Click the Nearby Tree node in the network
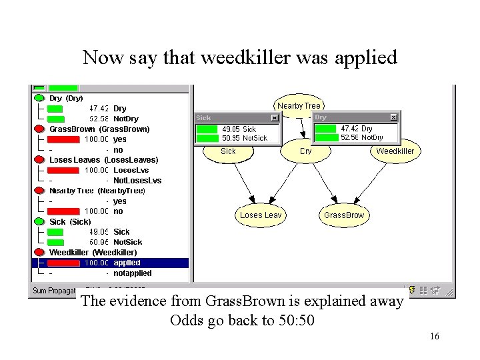(x=299, y=105)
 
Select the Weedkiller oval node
(x=395, y=151)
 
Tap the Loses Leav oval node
(x=261, y=215)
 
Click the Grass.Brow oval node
(x=344, y=215)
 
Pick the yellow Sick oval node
(x=228, y=151)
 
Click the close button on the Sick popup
(x=274, y=118)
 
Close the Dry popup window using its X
(x=393, y=117)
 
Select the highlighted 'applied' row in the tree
(x=127, y=263)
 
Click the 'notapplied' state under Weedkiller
(x=132, y=273)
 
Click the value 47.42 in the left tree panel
(x=99, y=108)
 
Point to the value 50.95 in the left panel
(x=99, y=242)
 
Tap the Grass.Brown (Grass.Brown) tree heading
(x=99, y=129)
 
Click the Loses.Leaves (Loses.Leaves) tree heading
(x=103, y=159)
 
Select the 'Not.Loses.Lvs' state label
(x=137, y=180)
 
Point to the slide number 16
(x=434, y=336)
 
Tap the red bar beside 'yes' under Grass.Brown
(x=64, y=139)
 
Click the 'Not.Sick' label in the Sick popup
(x=254, y=138)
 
